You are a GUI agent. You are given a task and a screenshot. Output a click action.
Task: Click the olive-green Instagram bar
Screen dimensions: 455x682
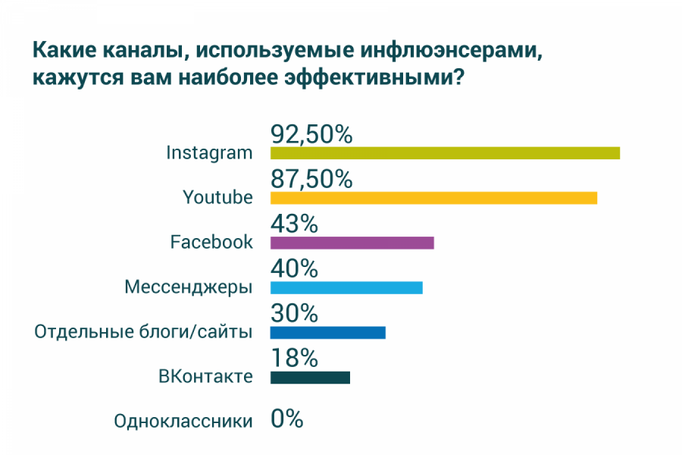click(x=445, y=153)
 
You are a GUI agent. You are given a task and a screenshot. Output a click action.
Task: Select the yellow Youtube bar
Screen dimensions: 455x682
click(x=433, y=198)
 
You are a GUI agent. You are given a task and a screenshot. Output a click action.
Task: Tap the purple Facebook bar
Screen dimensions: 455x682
click(x=352, y=243)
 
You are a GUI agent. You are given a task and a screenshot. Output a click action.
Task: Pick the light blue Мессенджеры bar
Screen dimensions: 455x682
click(x=346, y=287)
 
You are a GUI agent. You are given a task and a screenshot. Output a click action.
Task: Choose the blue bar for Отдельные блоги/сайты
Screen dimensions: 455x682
click(x=327, y=332)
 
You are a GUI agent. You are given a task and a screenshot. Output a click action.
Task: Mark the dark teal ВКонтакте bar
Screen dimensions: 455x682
click(x=310, y=377)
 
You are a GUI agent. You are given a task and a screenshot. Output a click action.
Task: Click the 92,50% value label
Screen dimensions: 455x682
click(x=311, y=135)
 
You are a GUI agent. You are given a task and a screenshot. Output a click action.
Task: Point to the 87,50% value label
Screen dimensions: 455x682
click(x=311, y=180)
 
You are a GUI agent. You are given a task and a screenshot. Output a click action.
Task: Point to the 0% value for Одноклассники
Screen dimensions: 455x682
click(x=287, y=419)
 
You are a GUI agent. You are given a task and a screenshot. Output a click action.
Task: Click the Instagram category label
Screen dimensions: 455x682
click(x=209, y=152)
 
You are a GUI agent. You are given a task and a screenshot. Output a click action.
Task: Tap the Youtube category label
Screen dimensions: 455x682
click(x=217, y=198)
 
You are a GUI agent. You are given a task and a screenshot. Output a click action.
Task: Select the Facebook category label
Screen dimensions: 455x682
click(x=211, y=243)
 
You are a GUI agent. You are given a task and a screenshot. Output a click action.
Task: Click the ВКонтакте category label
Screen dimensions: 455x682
click(x=205, y=376)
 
